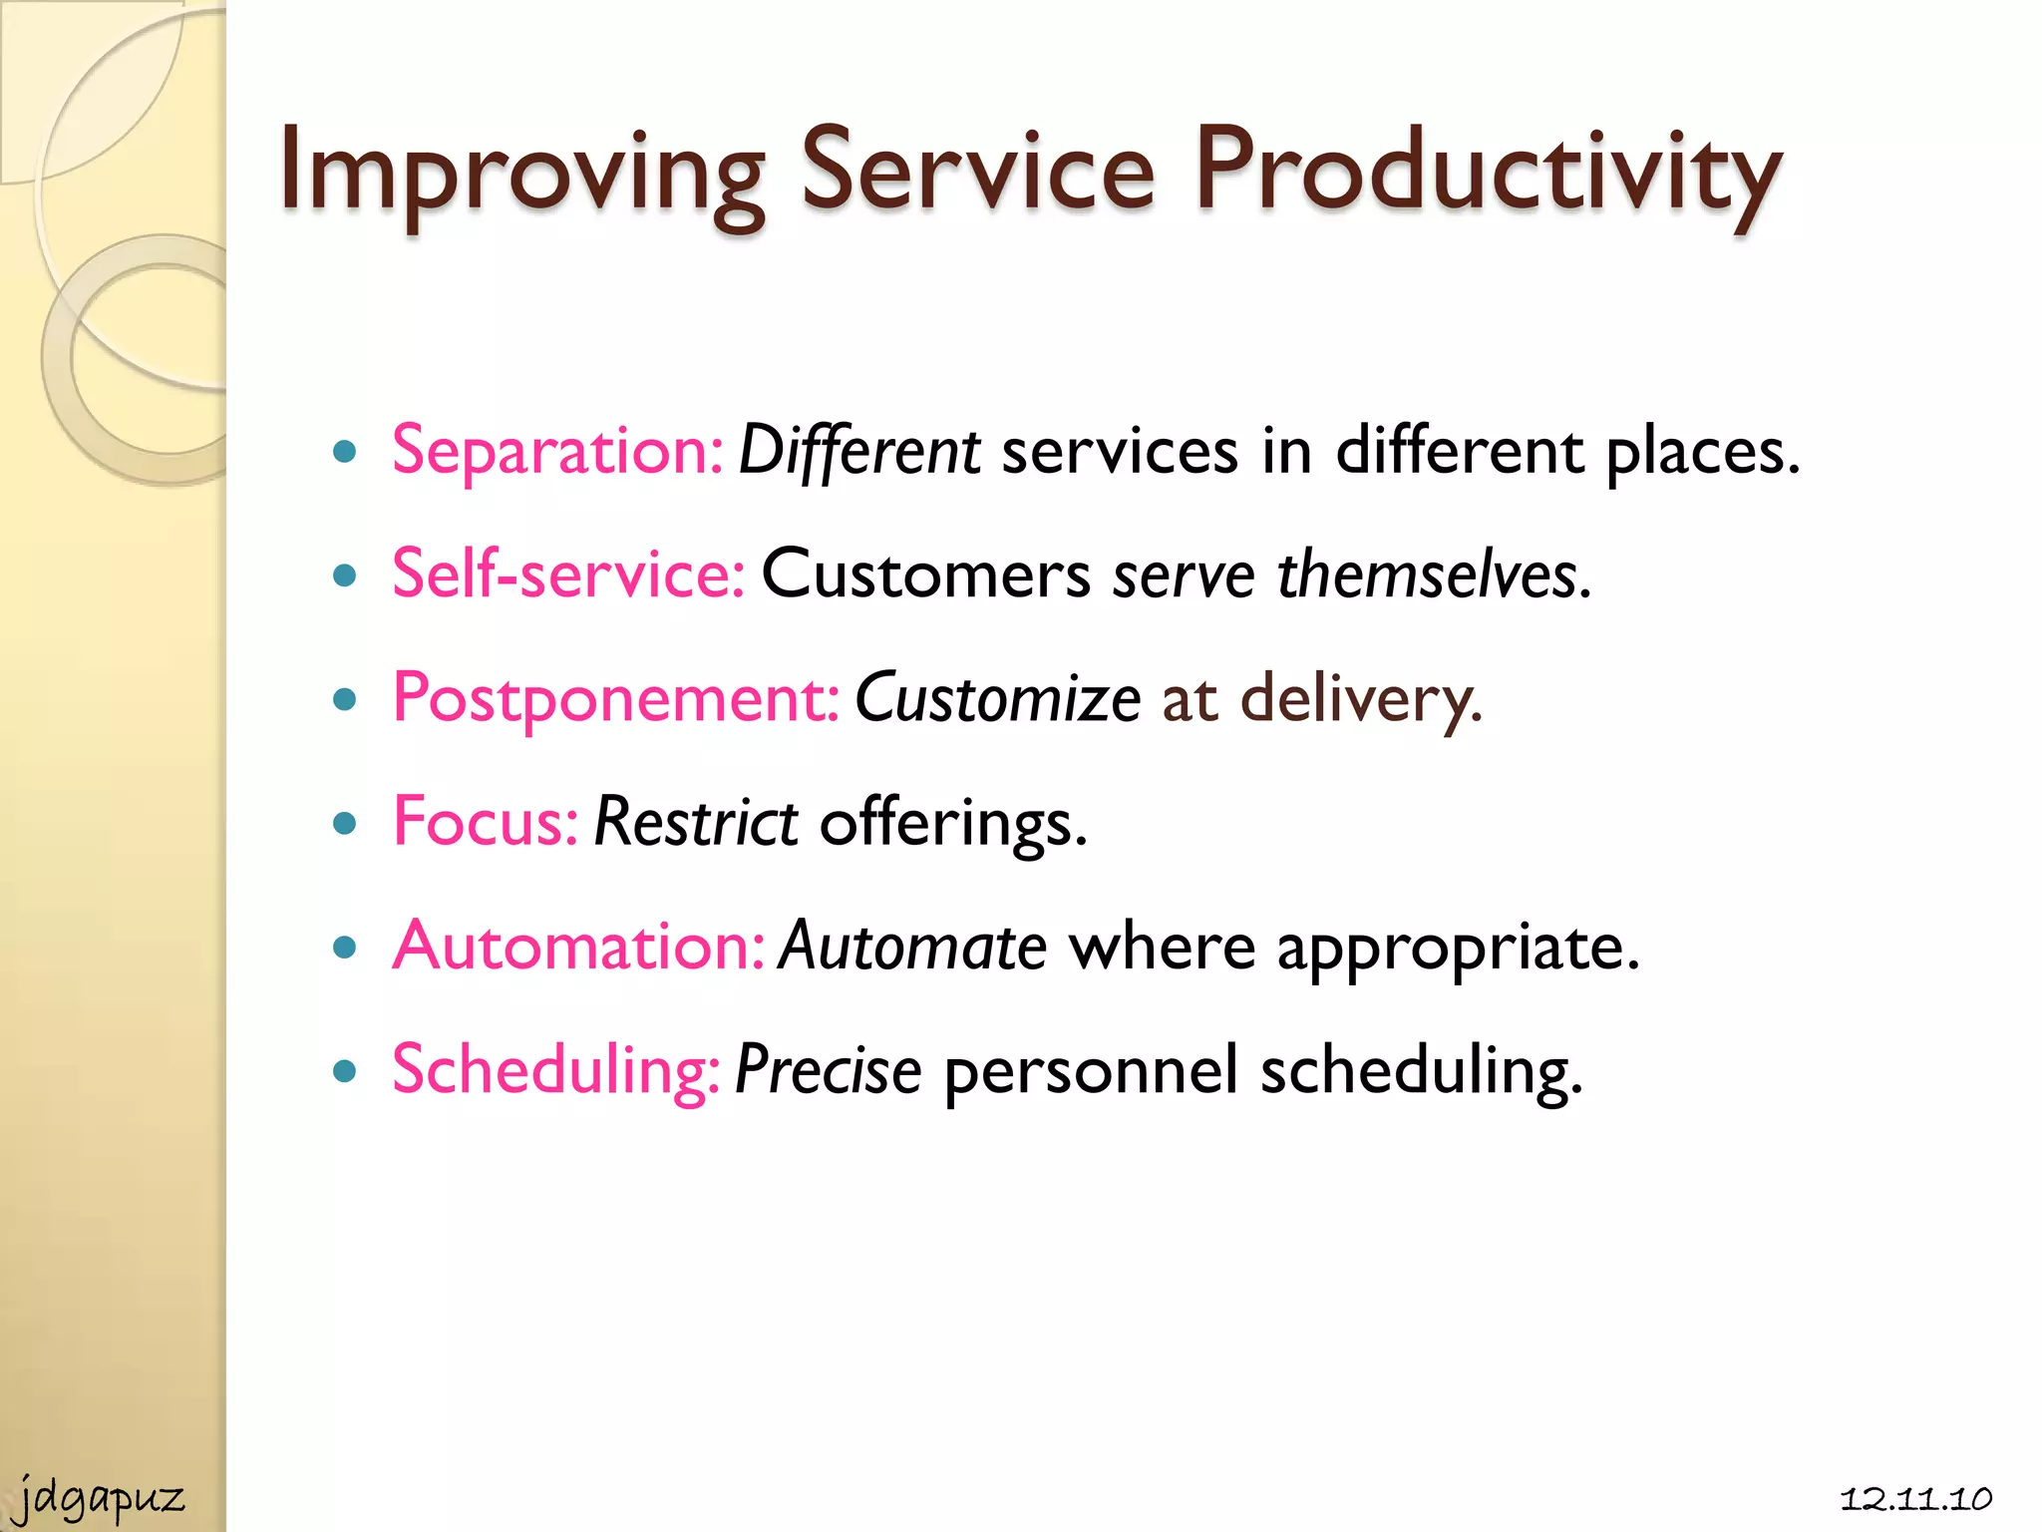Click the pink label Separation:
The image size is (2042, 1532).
[x=557, y=452]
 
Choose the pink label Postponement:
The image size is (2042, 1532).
[x=616, y=699]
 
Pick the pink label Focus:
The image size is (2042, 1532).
[x=486, y=823]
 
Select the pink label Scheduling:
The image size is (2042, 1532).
[x=555, y=1071]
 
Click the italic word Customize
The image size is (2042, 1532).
[x=997, y=699]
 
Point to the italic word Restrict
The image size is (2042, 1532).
[x=695, y=823]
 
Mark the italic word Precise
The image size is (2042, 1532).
[x=828, y=1071]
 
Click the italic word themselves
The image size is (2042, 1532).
[x=1432, y=576]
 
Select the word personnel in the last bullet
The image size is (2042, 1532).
[x=1091, y=1071]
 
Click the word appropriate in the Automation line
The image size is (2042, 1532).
[x=1457, y=949]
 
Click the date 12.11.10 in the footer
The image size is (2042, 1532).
[x=1915, y=1498]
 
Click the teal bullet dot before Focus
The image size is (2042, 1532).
[x=345, y=824]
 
